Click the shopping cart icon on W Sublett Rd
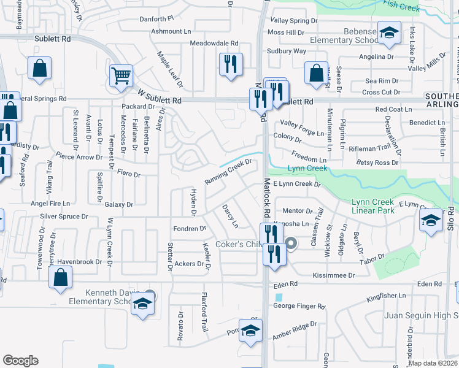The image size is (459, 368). click(121, 77)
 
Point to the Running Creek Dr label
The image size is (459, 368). click(228, 174)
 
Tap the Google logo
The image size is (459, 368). click(21, 361)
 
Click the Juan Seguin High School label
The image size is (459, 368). click(421, 315)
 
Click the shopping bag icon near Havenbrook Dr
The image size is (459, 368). click(61, 277)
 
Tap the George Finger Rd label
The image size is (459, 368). click(299, 305)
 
